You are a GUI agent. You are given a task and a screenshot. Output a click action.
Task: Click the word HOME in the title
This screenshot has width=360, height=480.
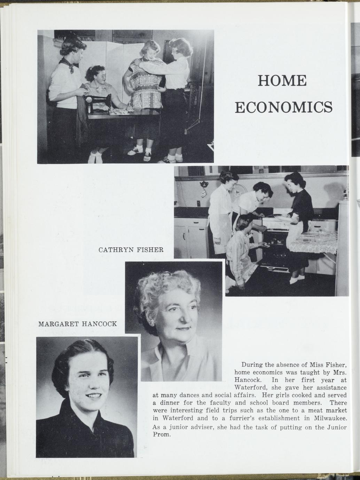click(282, 81)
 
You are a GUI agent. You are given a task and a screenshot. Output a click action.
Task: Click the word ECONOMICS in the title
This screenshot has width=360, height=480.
click(284, 107)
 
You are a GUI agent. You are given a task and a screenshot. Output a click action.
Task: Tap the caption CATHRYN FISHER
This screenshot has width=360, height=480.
click(131, 250)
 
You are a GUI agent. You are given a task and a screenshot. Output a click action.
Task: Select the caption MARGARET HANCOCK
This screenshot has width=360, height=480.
click(77, 324)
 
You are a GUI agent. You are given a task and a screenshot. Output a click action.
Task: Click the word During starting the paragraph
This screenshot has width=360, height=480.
click(252, 365)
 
